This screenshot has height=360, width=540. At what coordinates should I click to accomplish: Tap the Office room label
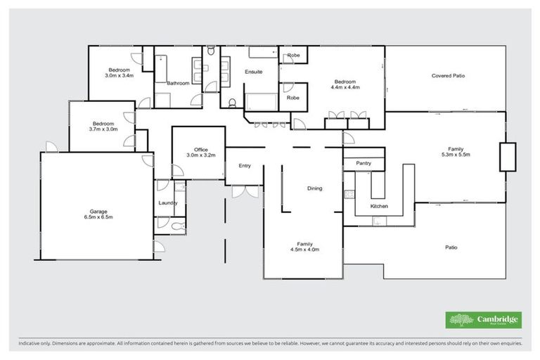pyautogui.click(x=200, y=149)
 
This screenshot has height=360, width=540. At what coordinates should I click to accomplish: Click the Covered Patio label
pyautogui.click(x=448, y=75)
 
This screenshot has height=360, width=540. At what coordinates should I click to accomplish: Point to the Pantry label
pyautogui.click(x=363, y=163)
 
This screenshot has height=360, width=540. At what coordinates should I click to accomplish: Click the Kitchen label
pyautogui.click(x=380, y=206)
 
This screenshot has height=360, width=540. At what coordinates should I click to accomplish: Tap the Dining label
pyautogui.click(x=314, y=188)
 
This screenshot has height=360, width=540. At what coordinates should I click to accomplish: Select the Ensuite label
pyautogui.click(x=253, y=72)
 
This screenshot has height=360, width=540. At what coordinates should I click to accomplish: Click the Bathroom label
pyautogui.click(x=178, y=83)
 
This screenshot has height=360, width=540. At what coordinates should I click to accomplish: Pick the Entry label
pyautogui.click(x=244, y=166)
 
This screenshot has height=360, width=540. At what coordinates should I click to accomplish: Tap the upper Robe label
pyautogui.click(x=292, y=55)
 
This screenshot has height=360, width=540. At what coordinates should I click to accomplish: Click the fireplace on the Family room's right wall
pyautogui.click(x=507, y=157)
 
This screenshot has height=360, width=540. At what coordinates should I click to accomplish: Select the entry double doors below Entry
pyautogui.click(x=243, y=191)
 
